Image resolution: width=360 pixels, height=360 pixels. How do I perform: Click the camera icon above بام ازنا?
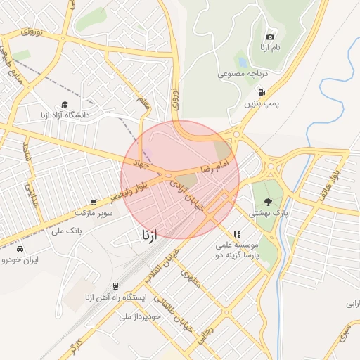point(271,37)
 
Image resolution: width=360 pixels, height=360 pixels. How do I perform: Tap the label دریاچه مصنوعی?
point(241,72)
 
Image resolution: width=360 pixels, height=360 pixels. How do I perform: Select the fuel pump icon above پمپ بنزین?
point(262,92)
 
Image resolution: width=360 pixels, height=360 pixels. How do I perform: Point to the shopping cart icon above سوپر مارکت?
point(94,202)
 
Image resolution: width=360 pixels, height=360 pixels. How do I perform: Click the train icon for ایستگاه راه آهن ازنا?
point(115,286)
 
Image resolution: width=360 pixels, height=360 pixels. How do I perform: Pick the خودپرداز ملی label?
point(141,316)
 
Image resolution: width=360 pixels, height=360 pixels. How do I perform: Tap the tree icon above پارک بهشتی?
point(269,201)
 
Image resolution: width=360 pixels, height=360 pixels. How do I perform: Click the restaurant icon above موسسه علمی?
point(237,234)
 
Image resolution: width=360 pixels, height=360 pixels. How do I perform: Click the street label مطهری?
point(191,279)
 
